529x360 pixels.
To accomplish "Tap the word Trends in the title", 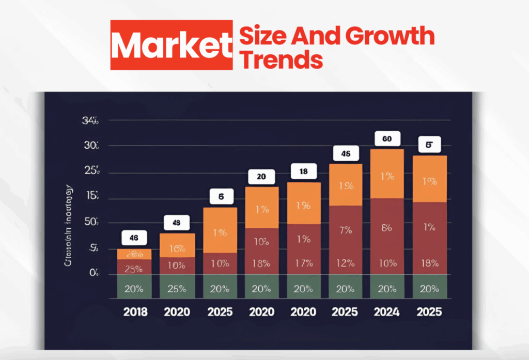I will [282, 60].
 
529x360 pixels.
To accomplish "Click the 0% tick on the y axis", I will [94, 273].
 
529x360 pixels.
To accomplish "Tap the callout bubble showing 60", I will [386, 138].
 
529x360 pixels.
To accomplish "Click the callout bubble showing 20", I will [261, 177].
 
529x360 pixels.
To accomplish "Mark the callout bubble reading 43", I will [177, 223].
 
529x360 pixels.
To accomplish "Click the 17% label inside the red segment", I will [304, 263].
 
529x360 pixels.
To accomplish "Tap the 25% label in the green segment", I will [177, 289].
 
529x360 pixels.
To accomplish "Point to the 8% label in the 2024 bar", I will [386, 228].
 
